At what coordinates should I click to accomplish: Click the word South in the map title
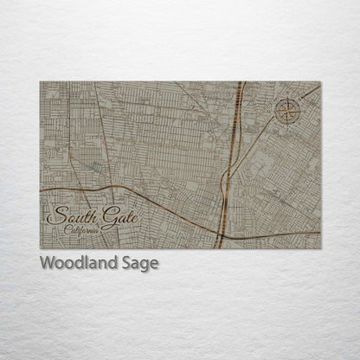coord(67,217)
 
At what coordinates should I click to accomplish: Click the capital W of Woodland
coord(46,263)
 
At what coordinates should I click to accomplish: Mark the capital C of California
coord(67,229)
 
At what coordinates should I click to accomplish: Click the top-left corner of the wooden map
coord(40,82)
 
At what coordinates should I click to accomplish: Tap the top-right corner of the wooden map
coord(320,82)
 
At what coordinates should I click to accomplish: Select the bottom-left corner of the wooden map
coord(40,248)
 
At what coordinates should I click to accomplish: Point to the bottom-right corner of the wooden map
coord(320,248)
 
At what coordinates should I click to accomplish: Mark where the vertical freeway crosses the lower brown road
coord(222,233)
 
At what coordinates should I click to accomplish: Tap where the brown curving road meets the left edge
coord(41,189)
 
